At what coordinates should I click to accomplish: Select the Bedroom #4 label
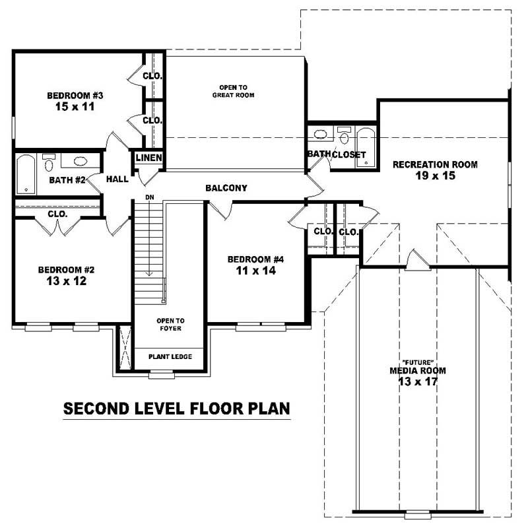click(x=255, y=259)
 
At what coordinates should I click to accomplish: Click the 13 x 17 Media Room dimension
click(x=417, y=381)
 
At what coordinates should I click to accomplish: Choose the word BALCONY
click(x=226, y=188)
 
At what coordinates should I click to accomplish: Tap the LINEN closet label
click(x=148, y=158)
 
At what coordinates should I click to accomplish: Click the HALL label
click(x=117, y=179)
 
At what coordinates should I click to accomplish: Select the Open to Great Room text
click(x=233, y=91)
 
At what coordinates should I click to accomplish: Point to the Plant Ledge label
click(x=170, y=357)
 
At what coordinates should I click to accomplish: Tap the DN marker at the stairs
click(x=149, y=197)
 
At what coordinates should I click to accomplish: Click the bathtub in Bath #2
click(x=25, y=174)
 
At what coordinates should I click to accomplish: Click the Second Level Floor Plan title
click(x=176, y=409)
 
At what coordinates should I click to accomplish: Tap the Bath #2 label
click(x=67, y=180)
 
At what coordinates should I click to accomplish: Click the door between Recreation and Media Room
click(x=416, y=261)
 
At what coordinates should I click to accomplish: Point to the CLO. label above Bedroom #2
click(x=57, y=214)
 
